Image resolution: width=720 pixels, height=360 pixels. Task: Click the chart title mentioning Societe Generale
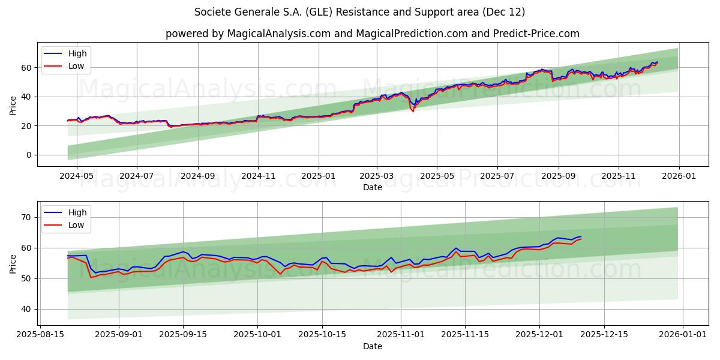(360, 12)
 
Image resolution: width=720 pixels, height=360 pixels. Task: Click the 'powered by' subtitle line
(372, 34)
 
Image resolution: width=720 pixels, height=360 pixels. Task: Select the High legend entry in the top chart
(77, 53)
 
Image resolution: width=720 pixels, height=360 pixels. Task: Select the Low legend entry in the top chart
(76, 67)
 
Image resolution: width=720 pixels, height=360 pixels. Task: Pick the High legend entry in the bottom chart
(77, 212)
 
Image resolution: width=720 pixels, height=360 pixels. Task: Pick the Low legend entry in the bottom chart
(76, 226)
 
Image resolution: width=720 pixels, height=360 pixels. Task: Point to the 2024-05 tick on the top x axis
(77, 176)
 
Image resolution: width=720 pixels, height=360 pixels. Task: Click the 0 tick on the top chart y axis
(28, 155)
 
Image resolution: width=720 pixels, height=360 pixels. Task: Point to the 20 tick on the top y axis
(26, 126)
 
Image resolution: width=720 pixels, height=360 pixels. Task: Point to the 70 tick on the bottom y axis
(26, 217)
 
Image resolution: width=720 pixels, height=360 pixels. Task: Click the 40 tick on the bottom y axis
(26, 309)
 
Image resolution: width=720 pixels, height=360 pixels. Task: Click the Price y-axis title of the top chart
(13, 104)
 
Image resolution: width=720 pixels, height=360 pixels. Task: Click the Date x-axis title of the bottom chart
(372, 346)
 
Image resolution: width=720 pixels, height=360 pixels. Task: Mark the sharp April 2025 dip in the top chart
(413, 111)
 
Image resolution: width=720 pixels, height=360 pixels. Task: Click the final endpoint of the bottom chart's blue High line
(581, 236)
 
